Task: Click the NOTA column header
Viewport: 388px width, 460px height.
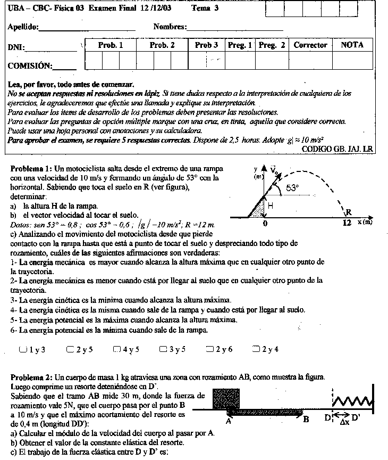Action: pos(352,45)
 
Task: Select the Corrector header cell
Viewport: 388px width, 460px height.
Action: pos(310,45)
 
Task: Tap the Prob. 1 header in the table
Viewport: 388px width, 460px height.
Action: pos(111,45)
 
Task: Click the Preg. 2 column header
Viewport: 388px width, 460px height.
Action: pos(272,45)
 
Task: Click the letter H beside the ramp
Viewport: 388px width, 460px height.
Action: pos(271,206)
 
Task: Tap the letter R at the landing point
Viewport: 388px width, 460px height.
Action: pos(349,212)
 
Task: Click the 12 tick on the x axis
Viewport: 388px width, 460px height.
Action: pos(348,224)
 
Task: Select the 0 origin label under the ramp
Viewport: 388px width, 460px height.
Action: pos(265,224)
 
